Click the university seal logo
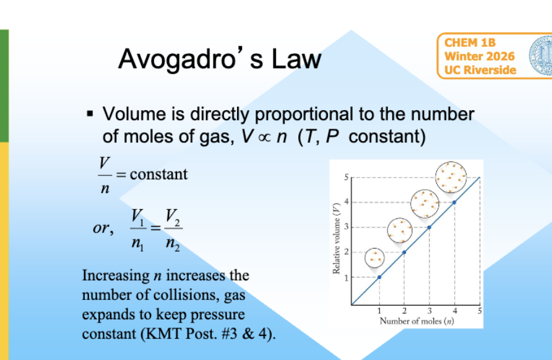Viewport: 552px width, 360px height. click(x=541, y=56)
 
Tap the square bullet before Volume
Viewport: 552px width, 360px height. click(x=90, y=114)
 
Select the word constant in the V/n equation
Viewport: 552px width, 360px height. click(x=158, y=174)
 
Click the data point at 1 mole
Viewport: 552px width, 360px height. click(x=379, y=277)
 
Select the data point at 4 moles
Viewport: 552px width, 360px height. click(x=454, y=202)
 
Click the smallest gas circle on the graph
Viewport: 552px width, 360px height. click(x=375, y=257)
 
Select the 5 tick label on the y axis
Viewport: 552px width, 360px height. click(x=347, y=178)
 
